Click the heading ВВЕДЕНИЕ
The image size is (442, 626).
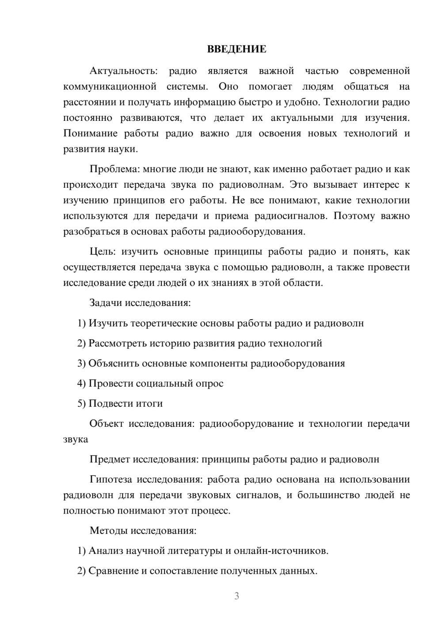[236, 49]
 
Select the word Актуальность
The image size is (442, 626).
[123, 71]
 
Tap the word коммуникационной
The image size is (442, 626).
[110, 86]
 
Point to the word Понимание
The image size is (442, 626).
[90, 133]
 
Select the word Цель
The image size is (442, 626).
[102, 251]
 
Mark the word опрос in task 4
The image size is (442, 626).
[209, 383]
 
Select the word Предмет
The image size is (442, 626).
[110, 459]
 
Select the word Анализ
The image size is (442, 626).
[106, 551]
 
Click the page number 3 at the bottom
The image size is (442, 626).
[236, 596]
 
